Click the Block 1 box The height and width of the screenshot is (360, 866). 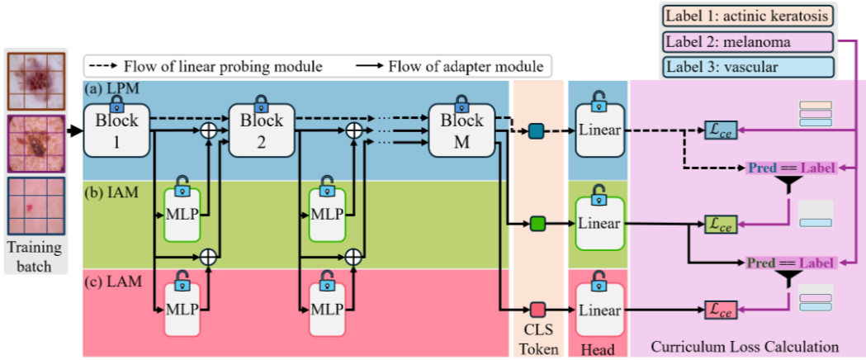coord(116,130)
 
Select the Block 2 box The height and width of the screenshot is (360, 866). coord(262,130)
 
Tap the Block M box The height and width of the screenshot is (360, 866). coord(461,130)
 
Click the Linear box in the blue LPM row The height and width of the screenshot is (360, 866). coord(600,130)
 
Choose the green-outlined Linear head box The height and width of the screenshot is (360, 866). coord(600,223)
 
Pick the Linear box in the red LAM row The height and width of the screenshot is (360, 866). coord(600,310)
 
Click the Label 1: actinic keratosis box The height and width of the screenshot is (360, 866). coord(749,16)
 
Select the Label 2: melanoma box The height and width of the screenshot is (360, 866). coord(749,42)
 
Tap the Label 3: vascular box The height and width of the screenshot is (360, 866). coord(749,68)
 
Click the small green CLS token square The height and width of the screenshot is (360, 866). coord(537,224)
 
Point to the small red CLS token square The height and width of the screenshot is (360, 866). coord(537,309)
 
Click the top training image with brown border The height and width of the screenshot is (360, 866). coord(36,81)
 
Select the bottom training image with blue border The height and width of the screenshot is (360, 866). coord(36,206)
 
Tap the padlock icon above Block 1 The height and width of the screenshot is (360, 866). coord(116,100)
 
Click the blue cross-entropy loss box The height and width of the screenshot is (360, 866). coord(720,130)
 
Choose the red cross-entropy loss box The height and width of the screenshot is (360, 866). coord(720,310)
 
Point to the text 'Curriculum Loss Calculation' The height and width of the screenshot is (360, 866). coord(745,348)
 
